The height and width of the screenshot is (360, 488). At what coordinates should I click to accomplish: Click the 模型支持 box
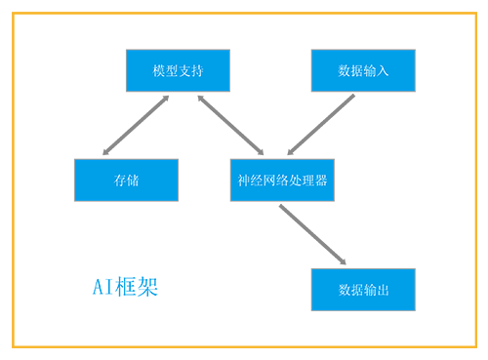click(178, 70)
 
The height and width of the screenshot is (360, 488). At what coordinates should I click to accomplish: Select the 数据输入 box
click(363, 70)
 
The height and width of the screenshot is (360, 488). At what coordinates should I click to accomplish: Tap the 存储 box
click(126, 180)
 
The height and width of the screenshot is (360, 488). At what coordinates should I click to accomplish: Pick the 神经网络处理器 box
click(282, 180)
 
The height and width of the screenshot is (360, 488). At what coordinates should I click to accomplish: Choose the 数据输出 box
click(363, 290)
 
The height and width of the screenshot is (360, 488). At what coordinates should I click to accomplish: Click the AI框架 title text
click(125, 287)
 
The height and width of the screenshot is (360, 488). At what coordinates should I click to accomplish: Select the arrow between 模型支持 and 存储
click(136, 125)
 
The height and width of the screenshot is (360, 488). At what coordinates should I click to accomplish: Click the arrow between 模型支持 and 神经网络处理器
click(230, 125)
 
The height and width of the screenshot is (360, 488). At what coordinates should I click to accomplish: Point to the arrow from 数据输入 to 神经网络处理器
click(321, 125)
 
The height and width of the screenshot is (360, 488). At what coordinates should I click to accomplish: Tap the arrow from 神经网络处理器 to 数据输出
click(312, 234)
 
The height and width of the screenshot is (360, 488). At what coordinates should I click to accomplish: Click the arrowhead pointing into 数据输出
click(343, 261)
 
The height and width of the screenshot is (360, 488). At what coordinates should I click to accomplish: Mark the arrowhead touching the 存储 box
click(106, 151)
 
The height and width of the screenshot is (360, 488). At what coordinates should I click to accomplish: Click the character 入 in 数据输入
click(383, 71)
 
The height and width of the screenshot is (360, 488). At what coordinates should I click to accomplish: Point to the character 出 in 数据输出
click(383, 290)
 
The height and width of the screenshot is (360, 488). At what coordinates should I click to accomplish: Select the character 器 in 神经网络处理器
click(321, 180)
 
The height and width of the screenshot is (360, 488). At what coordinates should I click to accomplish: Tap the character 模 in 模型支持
click(159, 71)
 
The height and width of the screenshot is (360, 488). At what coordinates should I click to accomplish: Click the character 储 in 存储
click(133, 180)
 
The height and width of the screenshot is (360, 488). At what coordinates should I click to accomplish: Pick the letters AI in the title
click(102, 287)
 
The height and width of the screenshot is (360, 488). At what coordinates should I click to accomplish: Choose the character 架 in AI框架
click(147, 287)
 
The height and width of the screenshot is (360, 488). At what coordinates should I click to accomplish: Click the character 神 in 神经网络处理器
click(244, 180)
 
